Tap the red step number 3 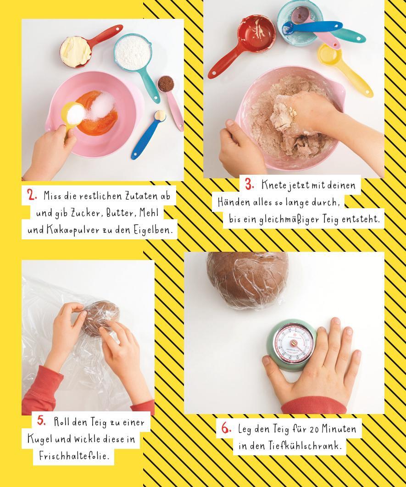250,184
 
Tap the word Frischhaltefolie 74,456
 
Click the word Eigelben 152,231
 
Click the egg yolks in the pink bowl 97,113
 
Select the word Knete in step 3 274,185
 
